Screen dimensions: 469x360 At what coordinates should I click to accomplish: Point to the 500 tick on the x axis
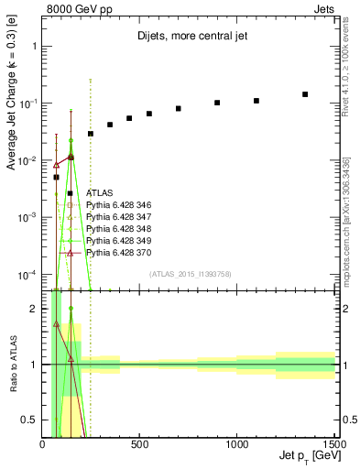(139, 445)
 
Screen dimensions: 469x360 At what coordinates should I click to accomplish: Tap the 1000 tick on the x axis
(236, 445)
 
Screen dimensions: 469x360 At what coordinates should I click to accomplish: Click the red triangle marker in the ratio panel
(57, 324)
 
